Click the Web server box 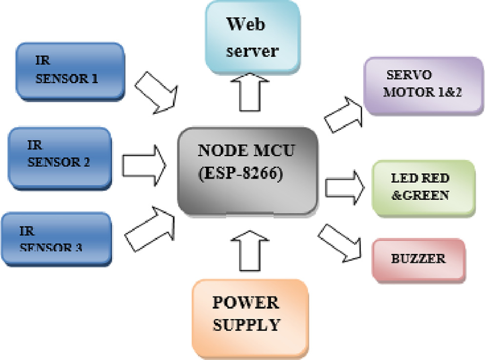click(253, 36)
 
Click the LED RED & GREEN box click(423, 188)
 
